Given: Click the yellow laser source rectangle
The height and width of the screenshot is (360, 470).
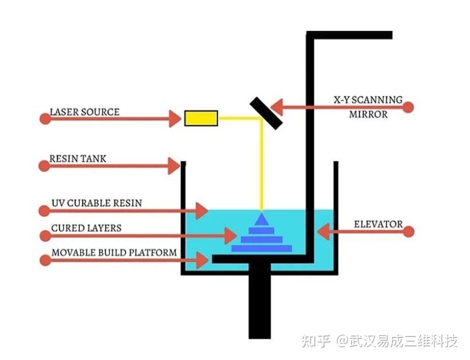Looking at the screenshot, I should pos(201,118).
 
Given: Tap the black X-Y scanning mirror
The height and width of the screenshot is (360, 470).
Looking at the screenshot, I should pos(266,112).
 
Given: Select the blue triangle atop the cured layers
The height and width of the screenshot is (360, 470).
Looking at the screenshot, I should pos(262,219).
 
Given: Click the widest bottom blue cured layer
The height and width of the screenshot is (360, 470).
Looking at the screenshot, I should pos(262,248).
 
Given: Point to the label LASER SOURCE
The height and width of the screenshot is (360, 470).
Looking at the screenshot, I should pos(85,112).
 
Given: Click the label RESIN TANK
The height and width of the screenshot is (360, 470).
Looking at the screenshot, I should pos(78,159).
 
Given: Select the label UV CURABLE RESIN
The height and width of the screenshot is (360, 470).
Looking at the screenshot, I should pos(97,203).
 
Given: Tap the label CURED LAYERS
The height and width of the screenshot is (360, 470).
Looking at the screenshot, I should pos(86,228).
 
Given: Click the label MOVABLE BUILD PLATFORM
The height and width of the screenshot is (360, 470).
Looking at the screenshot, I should pos(114,253).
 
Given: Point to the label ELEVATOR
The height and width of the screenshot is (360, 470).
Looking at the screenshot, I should pos(378,224).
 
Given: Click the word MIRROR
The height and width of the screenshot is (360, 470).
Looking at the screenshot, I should pos(368,114).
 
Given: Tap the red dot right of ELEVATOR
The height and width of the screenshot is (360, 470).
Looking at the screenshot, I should pos(408,231).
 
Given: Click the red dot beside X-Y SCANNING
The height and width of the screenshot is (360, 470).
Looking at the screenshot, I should pos(408,107).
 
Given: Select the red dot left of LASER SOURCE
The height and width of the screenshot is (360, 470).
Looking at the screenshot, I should pos(45,118).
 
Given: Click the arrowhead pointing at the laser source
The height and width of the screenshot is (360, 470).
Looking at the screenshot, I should pos(175,118).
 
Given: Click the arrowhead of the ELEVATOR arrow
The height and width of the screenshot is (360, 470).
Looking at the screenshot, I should pos(323,231).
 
